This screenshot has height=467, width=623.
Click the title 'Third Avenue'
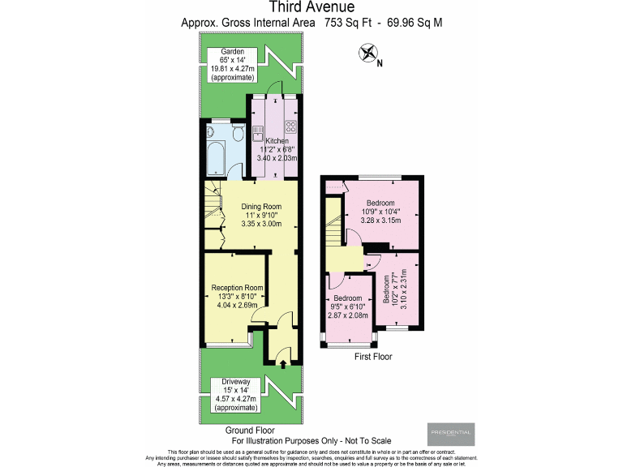[311, 8]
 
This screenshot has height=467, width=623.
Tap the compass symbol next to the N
[370, 54]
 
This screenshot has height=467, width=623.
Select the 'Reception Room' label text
[237, 288]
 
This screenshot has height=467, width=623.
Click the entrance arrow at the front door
[281, 363]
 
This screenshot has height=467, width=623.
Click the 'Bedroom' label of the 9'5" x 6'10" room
[349, 298]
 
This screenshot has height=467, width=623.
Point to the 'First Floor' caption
[374, 356]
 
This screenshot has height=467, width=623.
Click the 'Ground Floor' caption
[251, 430]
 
